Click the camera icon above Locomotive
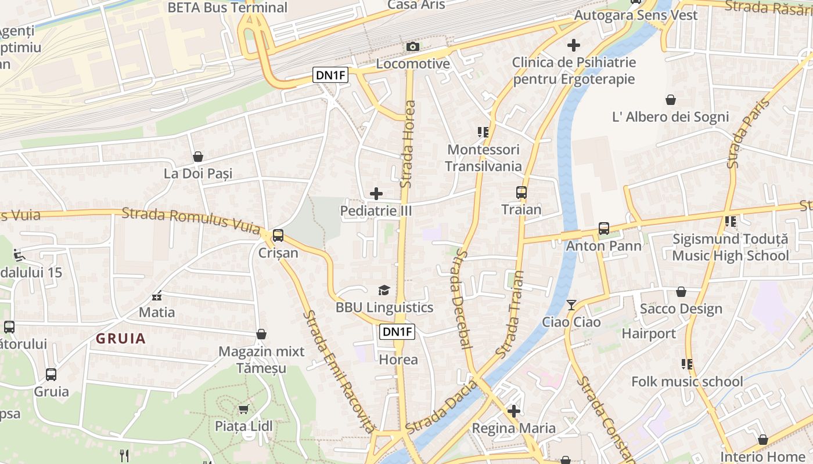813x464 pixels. (412, 46)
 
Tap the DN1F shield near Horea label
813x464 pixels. (398, 332)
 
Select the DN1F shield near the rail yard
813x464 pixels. (331, 75)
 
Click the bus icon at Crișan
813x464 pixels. (278, 235)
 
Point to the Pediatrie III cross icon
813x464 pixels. (376, 194)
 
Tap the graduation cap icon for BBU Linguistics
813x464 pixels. (384, 290)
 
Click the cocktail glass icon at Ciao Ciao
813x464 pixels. (571, 304)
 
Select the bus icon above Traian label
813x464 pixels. (521, 193)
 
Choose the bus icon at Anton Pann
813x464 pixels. (604, 229)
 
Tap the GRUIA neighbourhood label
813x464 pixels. (121, 339)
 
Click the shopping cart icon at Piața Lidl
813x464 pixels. (244, 409)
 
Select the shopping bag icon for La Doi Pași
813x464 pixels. (198, 157)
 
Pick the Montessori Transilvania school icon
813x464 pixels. (483, 132)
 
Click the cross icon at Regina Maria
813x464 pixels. (513, 411)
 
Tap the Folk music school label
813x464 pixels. (687, 382)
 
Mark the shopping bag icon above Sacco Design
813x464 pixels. (681, 292)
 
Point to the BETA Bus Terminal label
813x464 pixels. (227, 8)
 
